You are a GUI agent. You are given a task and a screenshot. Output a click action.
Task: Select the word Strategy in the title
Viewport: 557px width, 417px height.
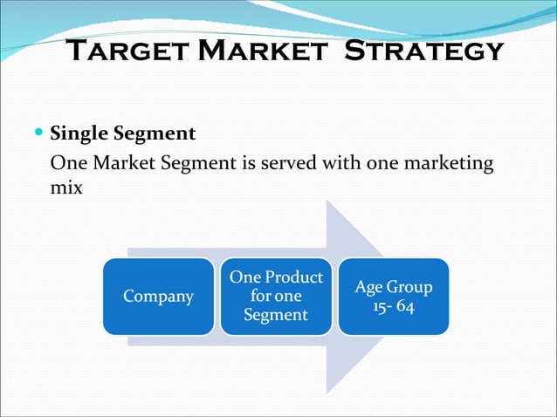click(x=424, y=50)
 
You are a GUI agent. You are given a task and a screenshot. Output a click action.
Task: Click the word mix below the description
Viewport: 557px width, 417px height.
click(x=66, y=187)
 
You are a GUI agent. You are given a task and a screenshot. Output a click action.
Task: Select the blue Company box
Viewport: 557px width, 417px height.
click(x=158, y=297)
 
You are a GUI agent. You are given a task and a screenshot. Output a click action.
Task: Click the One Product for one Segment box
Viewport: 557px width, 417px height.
click(x=276, y=297)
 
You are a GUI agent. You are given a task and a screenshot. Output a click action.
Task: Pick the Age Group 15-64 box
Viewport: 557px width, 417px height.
click(x=393, y=297)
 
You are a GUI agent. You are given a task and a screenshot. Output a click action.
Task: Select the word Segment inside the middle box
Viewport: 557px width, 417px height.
click(x=276, y=315)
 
